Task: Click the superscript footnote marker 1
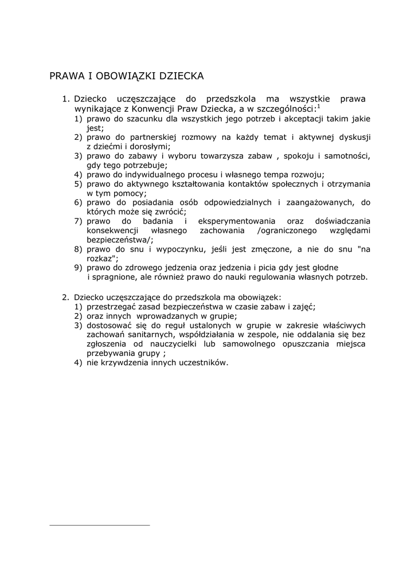point(319,105)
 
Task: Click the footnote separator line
point(100,525)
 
